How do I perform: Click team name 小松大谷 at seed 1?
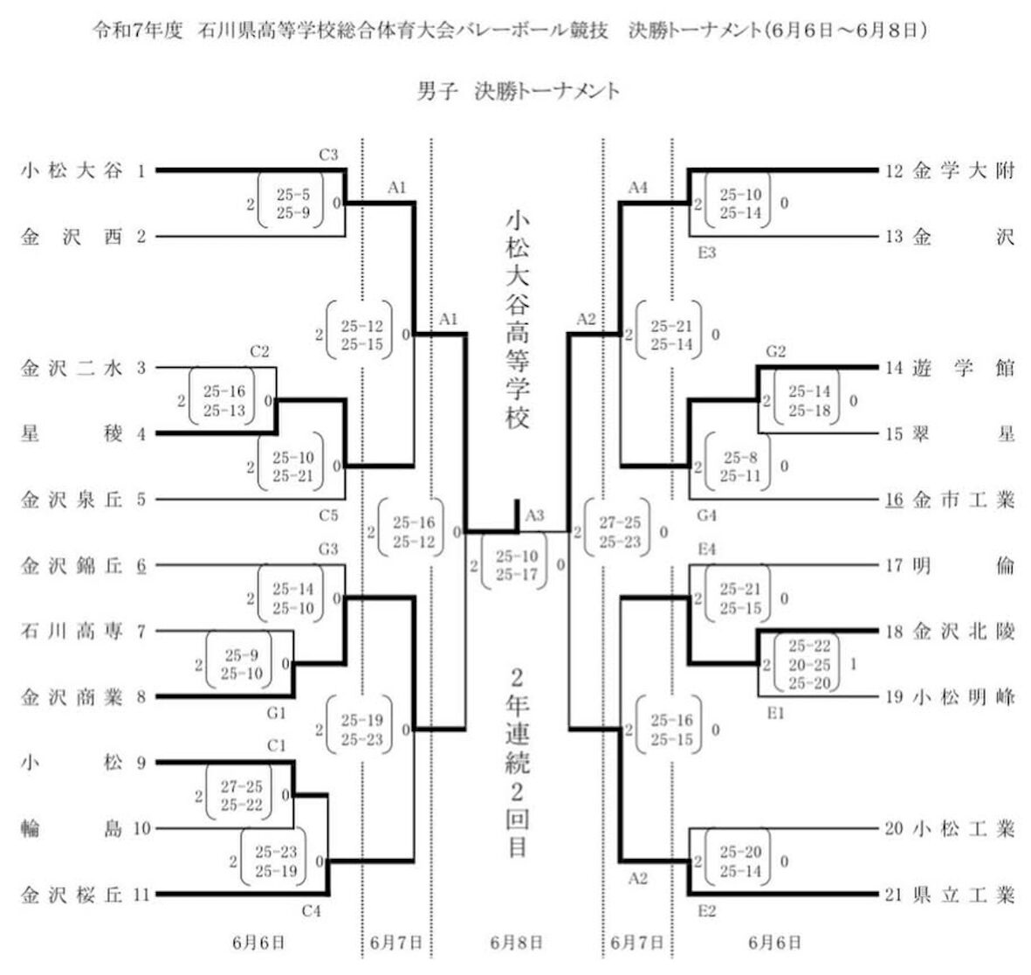click(72, 171)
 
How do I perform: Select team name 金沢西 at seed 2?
click(72, 237)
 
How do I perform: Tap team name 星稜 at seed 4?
click(72, 434)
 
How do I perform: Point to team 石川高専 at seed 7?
click(72, 632)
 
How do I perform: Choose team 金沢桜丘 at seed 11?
click(72, 895)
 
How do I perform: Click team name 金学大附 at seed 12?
click(964, 171)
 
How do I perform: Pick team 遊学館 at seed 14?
click(964, 369)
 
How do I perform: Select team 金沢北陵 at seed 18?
click(964, 632)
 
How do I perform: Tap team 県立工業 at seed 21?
click(964, 895)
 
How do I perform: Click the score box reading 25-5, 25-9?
click(292, 204)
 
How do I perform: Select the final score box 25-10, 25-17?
click(516, 565)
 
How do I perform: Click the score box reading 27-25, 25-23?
click(619, 531)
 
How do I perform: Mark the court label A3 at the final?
click(534, 515)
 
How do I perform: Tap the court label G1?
click(276, 713)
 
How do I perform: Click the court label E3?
click(707, 252)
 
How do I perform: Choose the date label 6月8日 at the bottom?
click(516, 943)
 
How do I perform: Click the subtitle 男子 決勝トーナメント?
click(519, 91)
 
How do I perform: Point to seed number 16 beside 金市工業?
click(894, 500)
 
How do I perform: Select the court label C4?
click(311, 910)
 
